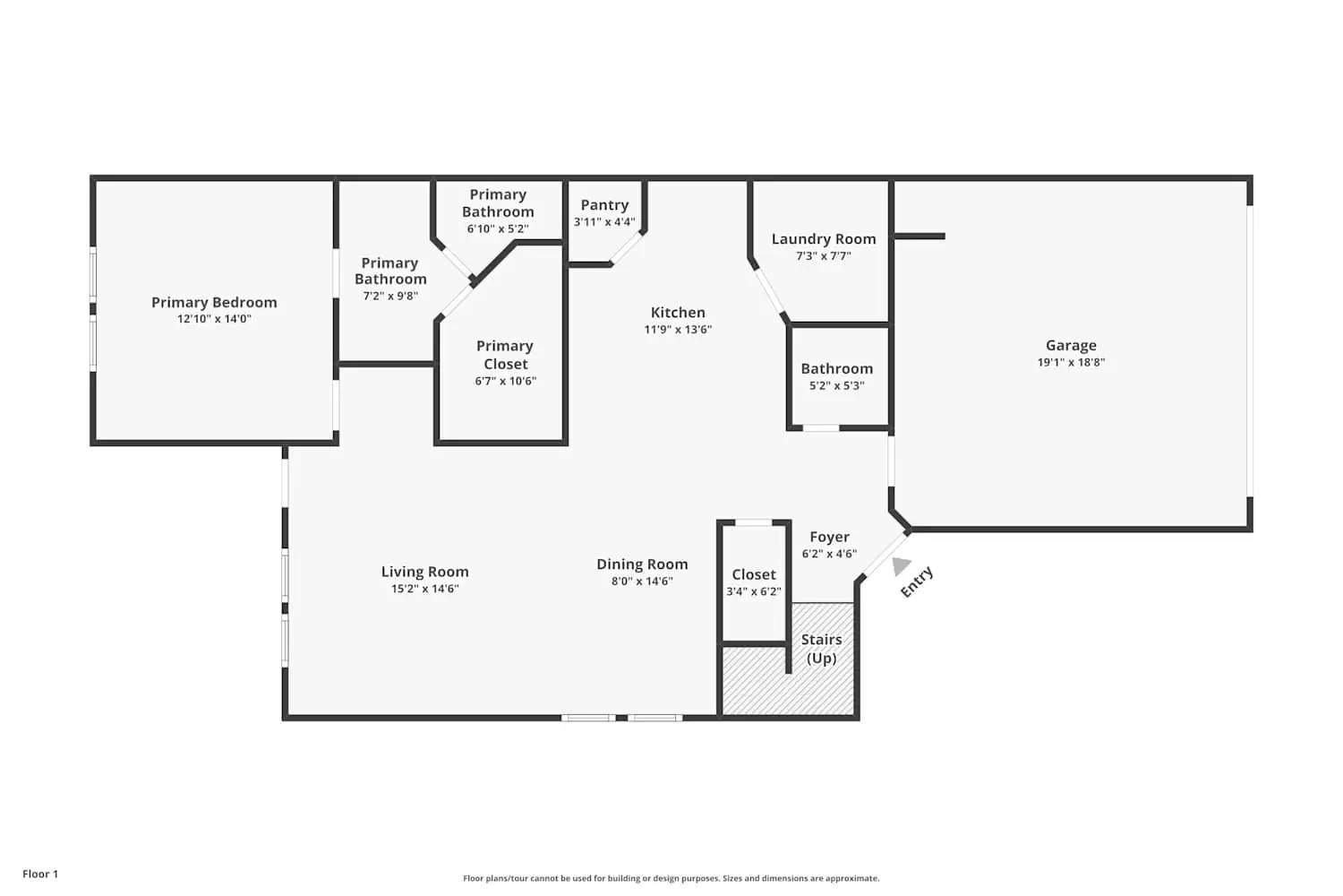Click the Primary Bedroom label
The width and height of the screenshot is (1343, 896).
point(214,303)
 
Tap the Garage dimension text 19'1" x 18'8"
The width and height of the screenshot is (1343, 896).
point(1071,363)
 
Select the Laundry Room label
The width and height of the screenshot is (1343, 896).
point(824,239)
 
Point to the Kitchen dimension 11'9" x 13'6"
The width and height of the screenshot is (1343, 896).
point(678,330)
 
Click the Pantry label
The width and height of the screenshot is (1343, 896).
point(604,205)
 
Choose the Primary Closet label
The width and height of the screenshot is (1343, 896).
point(505,355)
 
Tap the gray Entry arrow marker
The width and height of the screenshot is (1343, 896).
point(900,565)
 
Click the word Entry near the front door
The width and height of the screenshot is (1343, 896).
point(917,582)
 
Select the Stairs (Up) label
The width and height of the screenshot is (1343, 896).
point(821,649)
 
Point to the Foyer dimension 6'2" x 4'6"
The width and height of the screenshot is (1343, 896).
point(829,554)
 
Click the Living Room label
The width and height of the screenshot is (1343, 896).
point(424,572)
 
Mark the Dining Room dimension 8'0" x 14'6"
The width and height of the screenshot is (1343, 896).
point(642,582)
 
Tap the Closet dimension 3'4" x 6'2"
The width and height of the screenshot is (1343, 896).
point(754,591)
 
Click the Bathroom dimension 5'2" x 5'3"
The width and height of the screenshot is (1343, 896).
point(836,386)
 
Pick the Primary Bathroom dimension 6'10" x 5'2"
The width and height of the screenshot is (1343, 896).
point(498,229)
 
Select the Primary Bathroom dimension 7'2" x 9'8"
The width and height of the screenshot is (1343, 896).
point(389,296)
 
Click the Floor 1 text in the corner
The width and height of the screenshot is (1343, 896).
point(40,874)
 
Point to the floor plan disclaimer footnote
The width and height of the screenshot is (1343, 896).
point(671,879)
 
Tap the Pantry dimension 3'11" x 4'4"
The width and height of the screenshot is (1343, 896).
point(604,222)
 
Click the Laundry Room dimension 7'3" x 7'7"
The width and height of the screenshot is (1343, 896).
point(824,256)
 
